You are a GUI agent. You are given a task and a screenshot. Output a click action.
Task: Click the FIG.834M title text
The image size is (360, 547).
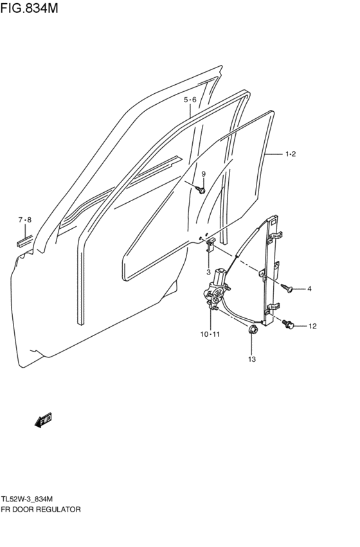coord(30,8)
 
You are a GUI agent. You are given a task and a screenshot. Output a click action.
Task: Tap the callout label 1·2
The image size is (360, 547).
coord(291,154)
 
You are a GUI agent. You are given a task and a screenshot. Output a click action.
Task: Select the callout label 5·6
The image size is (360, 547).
coord(190,100)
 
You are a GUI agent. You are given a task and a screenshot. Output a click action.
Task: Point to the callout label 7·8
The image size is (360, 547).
coord(25,220)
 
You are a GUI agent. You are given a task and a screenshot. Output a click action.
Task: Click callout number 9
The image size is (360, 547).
coord(204,174)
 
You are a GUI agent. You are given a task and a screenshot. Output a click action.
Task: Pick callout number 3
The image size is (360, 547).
coord(208,272)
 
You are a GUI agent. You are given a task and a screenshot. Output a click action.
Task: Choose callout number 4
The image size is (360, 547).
coord(309,289)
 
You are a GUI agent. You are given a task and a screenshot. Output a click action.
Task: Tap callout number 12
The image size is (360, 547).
coord(312,326)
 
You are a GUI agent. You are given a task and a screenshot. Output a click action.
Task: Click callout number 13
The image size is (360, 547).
coord(252,359)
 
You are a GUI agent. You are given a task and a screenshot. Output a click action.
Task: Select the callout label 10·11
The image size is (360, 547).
coord(210,334)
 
